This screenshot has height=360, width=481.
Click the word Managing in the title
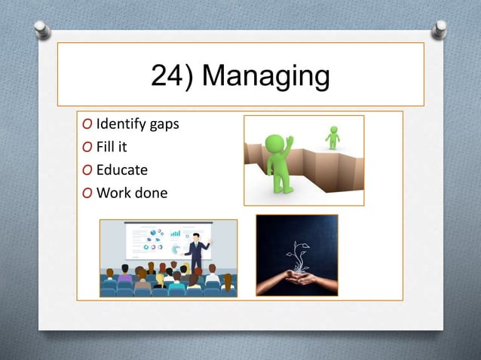tap(267, 77)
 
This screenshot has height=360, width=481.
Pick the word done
tap(151, 192)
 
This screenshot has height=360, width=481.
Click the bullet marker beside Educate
tap(89, 169)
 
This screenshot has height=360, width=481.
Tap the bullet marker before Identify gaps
tap(89, 124)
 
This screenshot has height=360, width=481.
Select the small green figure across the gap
tap(332, 138)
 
